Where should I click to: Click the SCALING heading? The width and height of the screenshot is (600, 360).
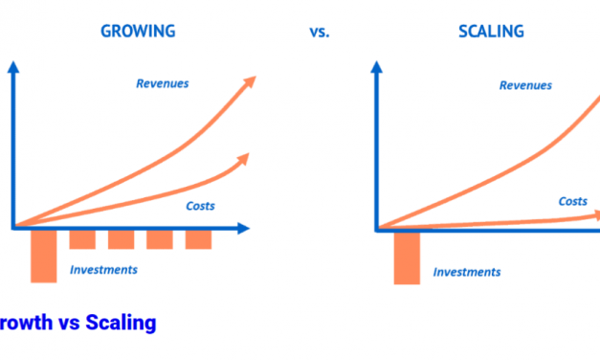(x=492, y=31)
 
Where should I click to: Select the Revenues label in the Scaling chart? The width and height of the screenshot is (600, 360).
(x=526, y=85)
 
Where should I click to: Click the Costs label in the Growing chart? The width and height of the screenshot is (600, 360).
(x=199, y=205)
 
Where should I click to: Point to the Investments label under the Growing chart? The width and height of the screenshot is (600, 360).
(x=103, y=270)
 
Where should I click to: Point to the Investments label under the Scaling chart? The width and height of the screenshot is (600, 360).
(x=466, y=272)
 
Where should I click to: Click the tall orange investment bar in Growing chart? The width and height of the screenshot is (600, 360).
(x=44, y=255)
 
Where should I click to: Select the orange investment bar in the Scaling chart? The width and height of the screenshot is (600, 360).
(x=407, y=257)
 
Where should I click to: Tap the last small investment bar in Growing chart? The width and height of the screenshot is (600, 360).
(x=198, y=239)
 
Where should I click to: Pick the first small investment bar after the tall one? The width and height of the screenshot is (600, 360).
(x=82, y=239)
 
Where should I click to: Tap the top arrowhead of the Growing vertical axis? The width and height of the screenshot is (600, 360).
(x=12, y=67)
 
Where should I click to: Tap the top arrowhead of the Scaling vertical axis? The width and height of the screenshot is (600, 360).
(x=376, y=67)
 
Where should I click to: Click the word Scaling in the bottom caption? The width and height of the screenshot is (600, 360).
(x=121, y=323)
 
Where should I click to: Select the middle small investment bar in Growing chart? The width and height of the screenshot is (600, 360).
(x=122, y=239)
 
